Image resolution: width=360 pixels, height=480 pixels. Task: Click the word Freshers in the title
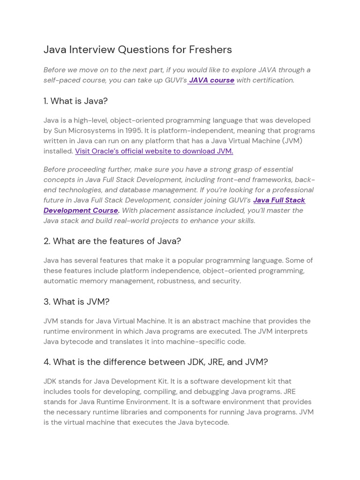pos(210,50)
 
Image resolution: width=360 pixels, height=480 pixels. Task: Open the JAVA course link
pos(211,80)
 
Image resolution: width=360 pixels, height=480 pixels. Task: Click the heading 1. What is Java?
pos(75,101)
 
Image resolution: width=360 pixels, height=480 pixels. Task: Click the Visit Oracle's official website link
pos(154,151)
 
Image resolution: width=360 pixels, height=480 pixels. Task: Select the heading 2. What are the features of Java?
pos(112,241)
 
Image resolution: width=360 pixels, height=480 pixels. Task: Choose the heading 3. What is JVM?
pos(76,301)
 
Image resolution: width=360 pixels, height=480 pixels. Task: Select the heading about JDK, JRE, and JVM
pos(156,362)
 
